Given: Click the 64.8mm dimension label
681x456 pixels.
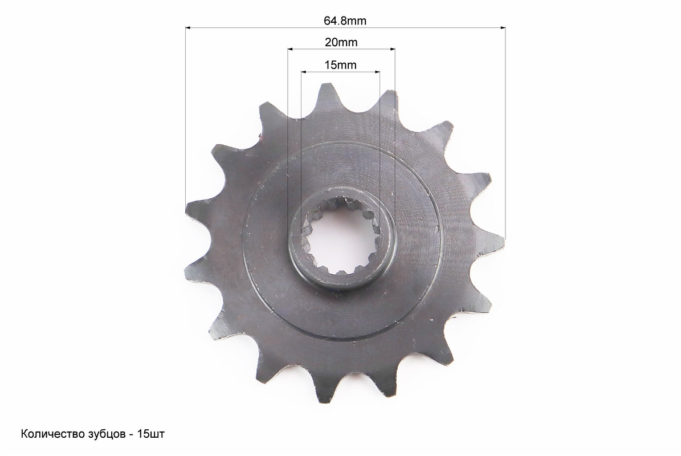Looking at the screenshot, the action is [x=345, y=21].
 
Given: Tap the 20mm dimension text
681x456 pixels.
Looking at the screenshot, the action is [x=341, y=43].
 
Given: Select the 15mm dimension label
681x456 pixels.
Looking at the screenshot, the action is [x=340, y=65].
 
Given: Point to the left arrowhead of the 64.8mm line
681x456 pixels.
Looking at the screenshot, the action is [x=189, y=28].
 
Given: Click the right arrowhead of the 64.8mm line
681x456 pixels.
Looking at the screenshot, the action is [x=503, y=28].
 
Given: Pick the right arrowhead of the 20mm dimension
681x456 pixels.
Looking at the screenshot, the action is [x=392, y=49].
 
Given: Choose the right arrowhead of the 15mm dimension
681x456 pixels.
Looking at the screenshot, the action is [x=377, y=72].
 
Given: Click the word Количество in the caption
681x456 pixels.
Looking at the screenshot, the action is [x=47, y=434].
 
